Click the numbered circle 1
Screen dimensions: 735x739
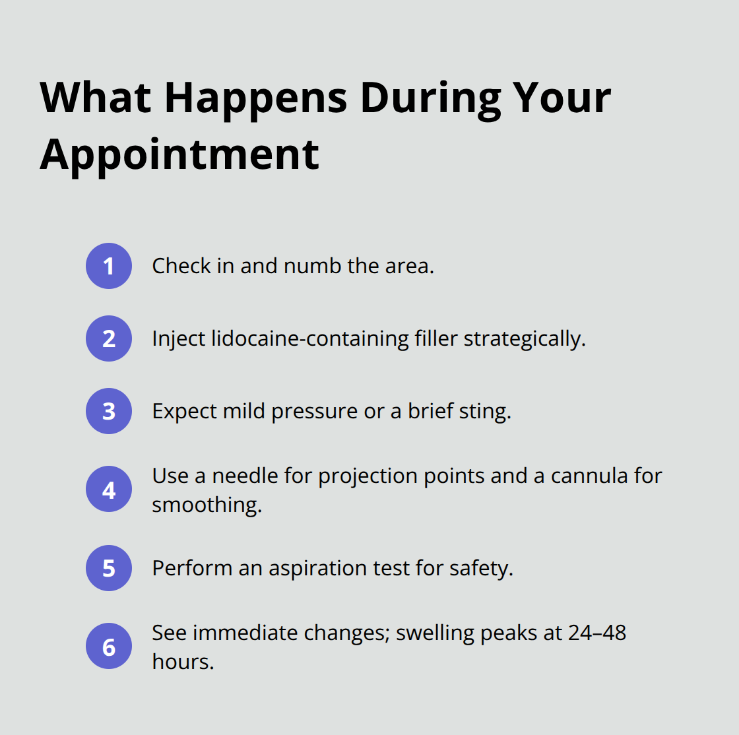pyautogui.click(x=109, y=266)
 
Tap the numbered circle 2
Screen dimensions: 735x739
pyautogui.click(x=109, y=338)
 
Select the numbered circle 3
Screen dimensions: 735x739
pyautogui.click(x=109, y=411)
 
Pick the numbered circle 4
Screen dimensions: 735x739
pyautogui.click(x=109, y=490)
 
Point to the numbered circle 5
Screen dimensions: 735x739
pyautogui.click(x=109, y=568)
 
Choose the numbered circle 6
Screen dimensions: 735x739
pyautogui.click(x=109, y=647)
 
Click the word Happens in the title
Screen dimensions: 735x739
pyautogui.click(x=256, y=98)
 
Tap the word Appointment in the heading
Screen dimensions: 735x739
pyautogui.click(x=179, y=154)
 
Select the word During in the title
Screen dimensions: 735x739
pyautogui.click(x=431, y=98)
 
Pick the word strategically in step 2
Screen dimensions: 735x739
pyautogui.click(x=525, y=338)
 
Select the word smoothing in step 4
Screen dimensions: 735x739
pyautogui.click(x=207, y=505)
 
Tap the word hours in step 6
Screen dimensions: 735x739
pyautogui.click(x=183, y=661)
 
